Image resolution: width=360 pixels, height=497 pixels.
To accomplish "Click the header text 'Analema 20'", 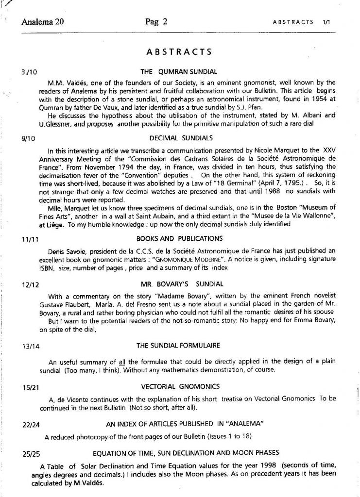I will pos(43,21).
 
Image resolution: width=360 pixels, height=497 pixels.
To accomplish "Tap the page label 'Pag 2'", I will pos(156,21).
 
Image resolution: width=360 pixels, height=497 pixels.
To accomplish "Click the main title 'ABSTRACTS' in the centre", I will pos(179,52).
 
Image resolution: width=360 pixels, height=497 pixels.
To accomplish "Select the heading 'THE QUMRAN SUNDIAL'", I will pos(178,72).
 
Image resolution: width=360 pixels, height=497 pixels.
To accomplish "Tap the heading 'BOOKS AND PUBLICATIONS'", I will pos(179,238).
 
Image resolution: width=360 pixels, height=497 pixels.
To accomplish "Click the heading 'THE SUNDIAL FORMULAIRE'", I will pos(178,346).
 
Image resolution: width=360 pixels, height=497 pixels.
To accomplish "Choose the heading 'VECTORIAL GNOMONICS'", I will pos(180,386).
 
